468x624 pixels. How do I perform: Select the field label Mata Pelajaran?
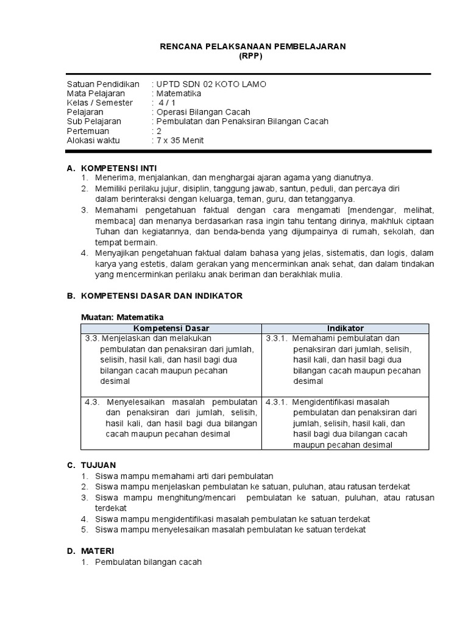tap(96, 93)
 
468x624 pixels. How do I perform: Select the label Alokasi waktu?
tap(93, 140)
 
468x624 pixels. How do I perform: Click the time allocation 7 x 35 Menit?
tap(180, 140)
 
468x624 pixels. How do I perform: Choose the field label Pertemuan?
tap(88, 131)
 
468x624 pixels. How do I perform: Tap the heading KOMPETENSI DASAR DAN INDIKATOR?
tap(161, 296)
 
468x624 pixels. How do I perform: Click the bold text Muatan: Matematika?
tap(123, 317)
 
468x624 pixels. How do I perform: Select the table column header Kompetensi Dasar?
tap(171, 328)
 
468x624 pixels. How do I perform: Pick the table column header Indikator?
tap(345, 328)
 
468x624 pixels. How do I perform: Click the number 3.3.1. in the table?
tap(277, 338)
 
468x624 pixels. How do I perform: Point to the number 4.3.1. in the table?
tap(277, 402)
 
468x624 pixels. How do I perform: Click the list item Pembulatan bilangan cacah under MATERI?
tap(148, 561)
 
